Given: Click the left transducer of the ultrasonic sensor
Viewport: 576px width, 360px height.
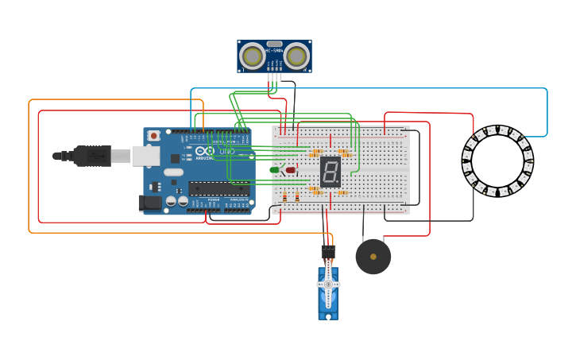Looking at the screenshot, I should pos(253,56).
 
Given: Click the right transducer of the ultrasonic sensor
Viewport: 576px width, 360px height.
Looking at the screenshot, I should pos(296,56).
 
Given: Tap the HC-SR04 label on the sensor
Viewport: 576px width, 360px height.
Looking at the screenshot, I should pos(274,51).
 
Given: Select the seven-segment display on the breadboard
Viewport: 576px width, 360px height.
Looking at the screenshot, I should pos(331,172).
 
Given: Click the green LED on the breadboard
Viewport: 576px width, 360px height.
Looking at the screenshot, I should pos(275,170).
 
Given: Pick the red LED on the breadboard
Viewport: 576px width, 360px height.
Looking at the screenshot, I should pos(291,170).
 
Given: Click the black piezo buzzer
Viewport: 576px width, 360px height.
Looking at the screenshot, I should pos(373,256).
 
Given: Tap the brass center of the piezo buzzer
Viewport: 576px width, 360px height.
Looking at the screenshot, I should pos(373,257).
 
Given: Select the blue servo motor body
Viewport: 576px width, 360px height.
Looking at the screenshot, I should pos(328,295).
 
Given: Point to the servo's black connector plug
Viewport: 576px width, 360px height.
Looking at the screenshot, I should pos(328,252).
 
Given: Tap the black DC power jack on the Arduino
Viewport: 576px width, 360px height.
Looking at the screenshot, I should pos(149,203).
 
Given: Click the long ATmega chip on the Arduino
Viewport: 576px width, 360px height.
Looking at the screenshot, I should pos(218,188).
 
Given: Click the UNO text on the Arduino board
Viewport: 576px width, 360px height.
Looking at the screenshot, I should pos(227,151).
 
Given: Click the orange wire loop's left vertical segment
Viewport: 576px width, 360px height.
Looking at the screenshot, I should pos(29,166).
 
